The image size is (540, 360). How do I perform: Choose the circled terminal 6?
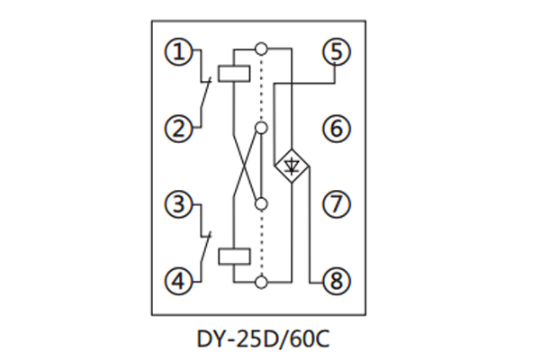336,129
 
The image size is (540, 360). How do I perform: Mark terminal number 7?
336,205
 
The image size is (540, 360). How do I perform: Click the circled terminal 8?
336,282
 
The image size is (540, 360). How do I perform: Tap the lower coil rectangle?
233,258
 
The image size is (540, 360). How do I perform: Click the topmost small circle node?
261,47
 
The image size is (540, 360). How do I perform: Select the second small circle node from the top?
261,128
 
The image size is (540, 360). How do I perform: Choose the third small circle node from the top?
261,204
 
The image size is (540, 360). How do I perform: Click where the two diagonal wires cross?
247,166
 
